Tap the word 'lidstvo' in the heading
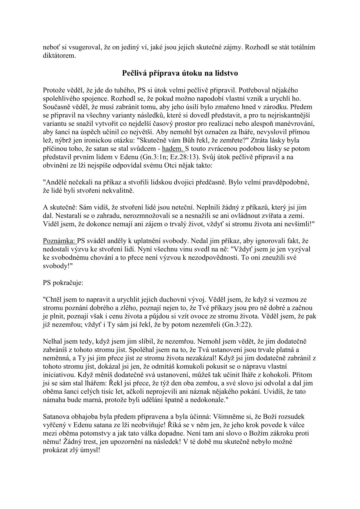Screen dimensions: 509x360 click(227, 73)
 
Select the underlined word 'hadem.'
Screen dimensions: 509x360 click(173, 149)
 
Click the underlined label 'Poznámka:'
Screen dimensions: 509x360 click(60, 241)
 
